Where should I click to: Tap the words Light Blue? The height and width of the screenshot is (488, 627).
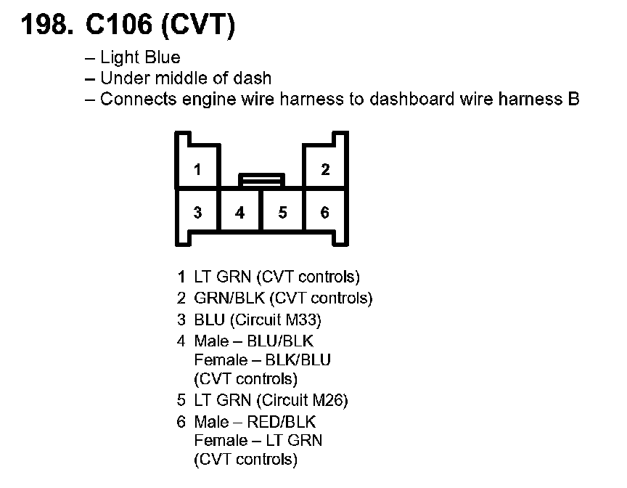coord(140,57)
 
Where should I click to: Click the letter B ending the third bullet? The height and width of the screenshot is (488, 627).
coord(573,99)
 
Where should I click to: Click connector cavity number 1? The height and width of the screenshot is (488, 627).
coord(197,170)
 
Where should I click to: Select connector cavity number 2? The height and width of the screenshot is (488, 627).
coord(325,170)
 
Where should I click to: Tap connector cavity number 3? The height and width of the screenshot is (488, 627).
coord(197,213)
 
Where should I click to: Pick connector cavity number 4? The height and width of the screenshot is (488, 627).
coord(240,213)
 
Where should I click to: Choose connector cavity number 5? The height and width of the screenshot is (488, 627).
coord(282,213)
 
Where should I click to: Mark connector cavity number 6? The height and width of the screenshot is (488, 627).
coord(325,213)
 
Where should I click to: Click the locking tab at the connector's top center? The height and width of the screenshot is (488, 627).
coord(261,179)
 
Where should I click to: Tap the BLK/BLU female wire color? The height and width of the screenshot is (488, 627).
coord(298,359)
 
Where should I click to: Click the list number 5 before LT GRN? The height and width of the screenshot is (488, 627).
coord(181,400)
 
